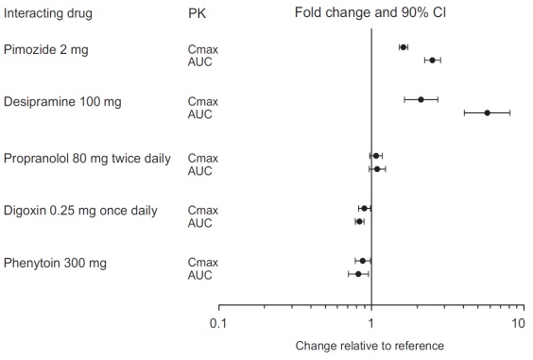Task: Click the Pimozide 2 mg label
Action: point(46,49)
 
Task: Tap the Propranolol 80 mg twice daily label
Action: point(88,158)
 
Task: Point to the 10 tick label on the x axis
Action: point(518,324)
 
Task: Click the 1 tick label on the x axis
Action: point(371,324)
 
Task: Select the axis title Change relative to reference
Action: point(370,346)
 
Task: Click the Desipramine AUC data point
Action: point(488,112)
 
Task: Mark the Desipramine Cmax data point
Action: point(421,99)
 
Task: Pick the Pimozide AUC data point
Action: point(433,60)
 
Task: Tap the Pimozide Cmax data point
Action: point(404,46)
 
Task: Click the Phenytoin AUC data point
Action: point(358,274)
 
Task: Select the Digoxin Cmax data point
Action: point(365,208)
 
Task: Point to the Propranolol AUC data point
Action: point(377,169)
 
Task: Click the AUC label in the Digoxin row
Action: point(200,223)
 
